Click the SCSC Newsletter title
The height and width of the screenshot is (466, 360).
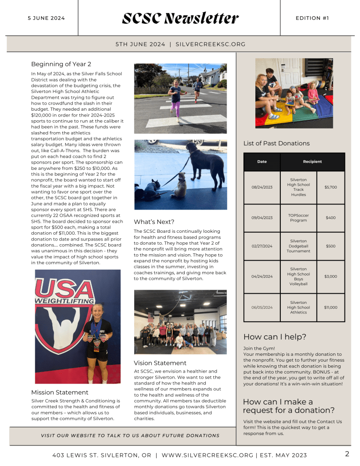(180, 18)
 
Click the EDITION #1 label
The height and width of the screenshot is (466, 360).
(312, 18)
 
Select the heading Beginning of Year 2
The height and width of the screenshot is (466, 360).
(61, 64)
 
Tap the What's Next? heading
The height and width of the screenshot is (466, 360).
(154, 222)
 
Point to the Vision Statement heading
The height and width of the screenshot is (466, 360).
(160, 363)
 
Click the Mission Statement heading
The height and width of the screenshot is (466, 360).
(60, 392)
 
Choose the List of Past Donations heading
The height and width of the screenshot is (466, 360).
(276, 143)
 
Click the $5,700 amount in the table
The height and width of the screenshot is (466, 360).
(330, 187)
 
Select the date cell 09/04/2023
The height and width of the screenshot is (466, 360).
(262, 218)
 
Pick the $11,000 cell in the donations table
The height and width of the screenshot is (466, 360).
(330, 307)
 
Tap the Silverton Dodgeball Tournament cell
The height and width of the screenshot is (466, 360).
(298, 246)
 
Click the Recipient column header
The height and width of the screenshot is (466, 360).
(312, 162)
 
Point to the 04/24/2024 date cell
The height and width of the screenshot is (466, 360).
(262, 277)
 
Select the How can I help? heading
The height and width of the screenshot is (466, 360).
(274, 337)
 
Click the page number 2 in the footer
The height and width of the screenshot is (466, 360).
(347, 454)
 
